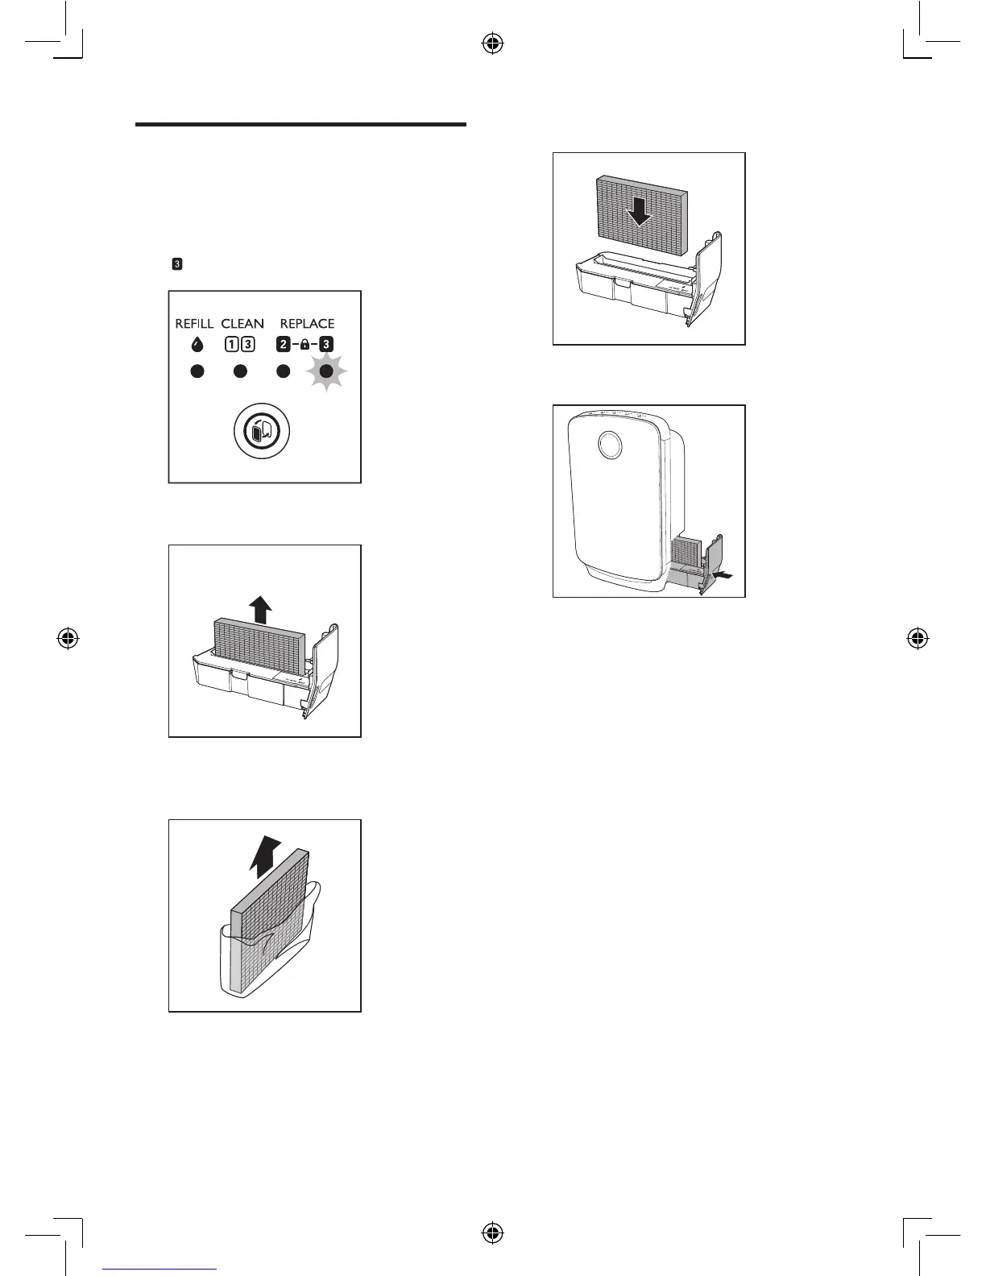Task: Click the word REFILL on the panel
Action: pos(194,324)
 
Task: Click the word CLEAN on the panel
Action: pos(242,324)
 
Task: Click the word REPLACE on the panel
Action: pos(307,324)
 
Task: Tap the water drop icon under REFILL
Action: pos(197,345)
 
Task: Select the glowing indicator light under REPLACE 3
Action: pos(326,371)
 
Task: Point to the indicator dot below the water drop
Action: pos(197,371)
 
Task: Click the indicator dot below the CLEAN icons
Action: pos(240,371)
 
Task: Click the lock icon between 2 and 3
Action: pos(304,345)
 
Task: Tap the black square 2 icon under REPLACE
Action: pos(284,345)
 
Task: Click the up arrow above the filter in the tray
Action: pos(260,609)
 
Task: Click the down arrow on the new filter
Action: pos(640,211)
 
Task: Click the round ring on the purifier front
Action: pos(610,445)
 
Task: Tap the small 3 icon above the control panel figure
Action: pos(177,263)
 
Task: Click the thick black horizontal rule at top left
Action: pos(300,125)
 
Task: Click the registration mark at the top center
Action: pos(492,44)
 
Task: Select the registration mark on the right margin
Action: pos(915,639)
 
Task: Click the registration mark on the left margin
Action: pos(68,639)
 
